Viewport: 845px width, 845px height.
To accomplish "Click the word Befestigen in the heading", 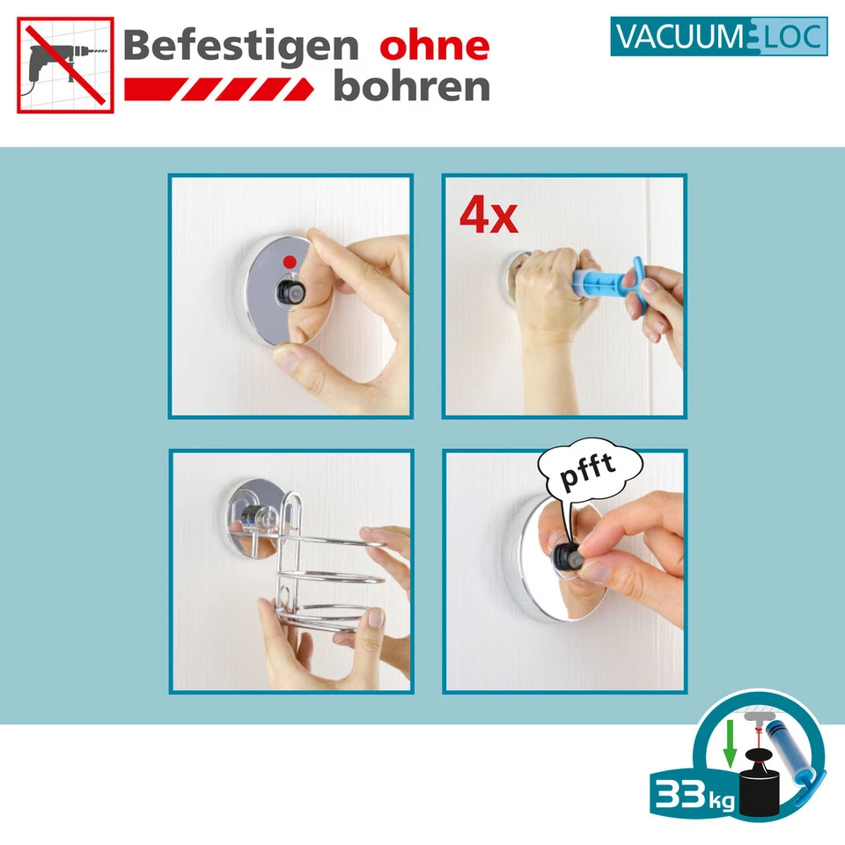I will tap(239, 46).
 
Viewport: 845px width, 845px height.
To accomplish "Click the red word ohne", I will tap(433, 46).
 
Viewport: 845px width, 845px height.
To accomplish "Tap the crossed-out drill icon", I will tap(65, 65).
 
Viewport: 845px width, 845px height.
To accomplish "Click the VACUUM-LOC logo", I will tap(718, 38).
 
